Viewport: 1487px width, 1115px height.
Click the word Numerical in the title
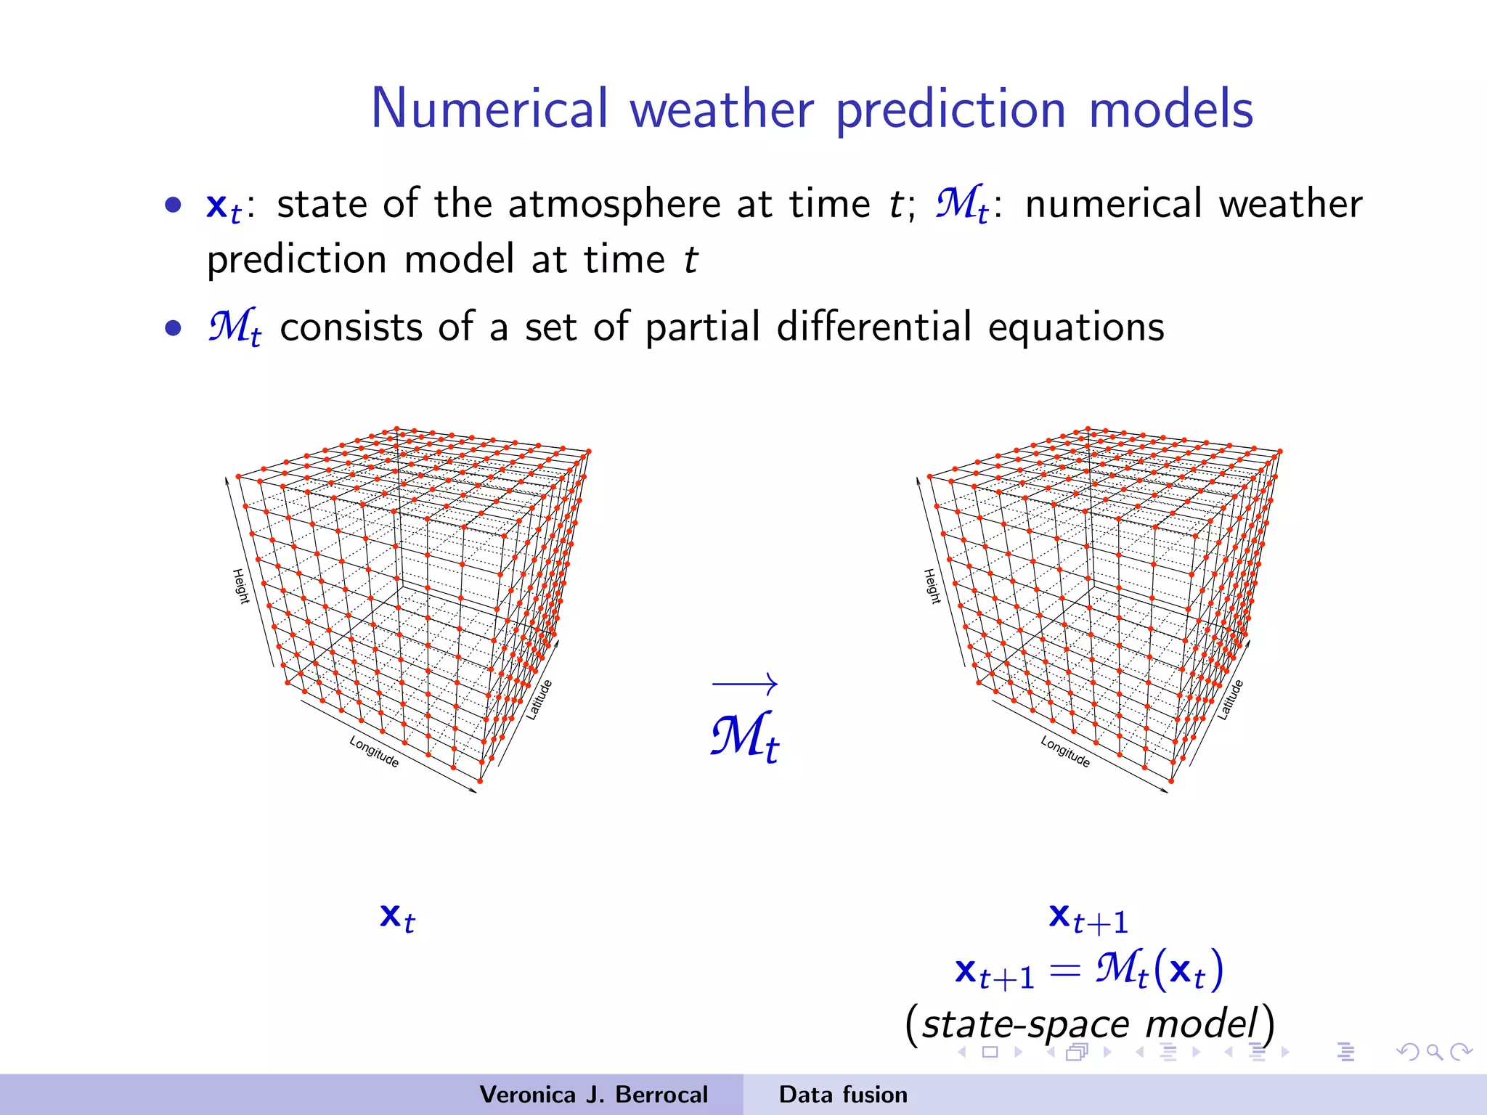pos(489,109)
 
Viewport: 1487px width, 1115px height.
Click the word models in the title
pos(1170,109)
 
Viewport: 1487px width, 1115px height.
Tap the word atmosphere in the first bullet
pos(614,204)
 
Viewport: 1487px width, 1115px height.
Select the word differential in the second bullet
pos(873,327)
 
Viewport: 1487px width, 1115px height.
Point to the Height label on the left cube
pos(240,586)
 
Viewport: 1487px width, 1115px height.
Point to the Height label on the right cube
pos(932,586)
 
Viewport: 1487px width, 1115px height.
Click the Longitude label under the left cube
pos(374,752)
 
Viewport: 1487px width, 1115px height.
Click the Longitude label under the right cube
pos(1065,752)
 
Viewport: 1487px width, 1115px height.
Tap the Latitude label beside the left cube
pos(539,700)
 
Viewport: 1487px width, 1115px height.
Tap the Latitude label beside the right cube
pos(1231,700)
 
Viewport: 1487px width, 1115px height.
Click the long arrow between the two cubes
pos(745,683)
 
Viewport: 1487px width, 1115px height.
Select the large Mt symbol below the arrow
pos(744,736)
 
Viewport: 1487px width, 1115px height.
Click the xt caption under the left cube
pos(397,918)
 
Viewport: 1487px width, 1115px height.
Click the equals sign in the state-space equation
pos(1065,971)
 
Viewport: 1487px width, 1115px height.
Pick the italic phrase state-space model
pos(1089,1024)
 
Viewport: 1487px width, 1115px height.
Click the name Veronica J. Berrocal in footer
pos(593,1095)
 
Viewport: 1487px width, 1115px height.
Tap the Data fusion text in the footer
pos(843,1095)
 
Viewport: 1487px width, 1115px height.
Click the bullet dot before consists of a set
pos(173,328)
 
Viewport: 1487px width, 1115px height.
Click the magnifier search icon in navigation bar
pos(1434,1052)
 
